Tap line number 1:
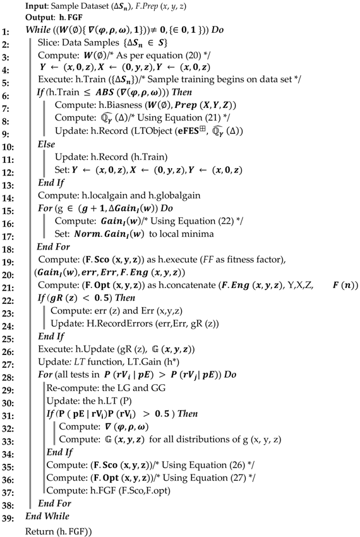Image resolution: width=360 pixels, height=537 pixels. [8, 30]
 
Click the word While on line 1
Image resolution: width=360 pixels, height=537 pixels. [38, 30]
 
